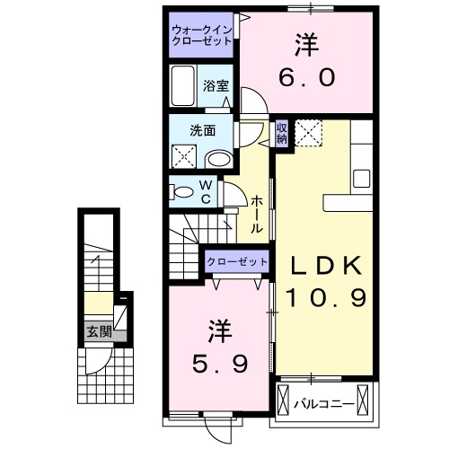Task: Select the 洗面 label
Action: point(201,128)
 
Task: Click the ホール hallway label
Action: point(258,216)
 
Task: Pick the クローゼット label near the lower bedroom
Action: point(238,260)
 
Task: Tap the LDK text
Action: point(326,265)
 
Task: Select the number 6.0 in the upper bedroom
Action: point(305,77)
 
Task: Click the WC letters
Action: point(205,192)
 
